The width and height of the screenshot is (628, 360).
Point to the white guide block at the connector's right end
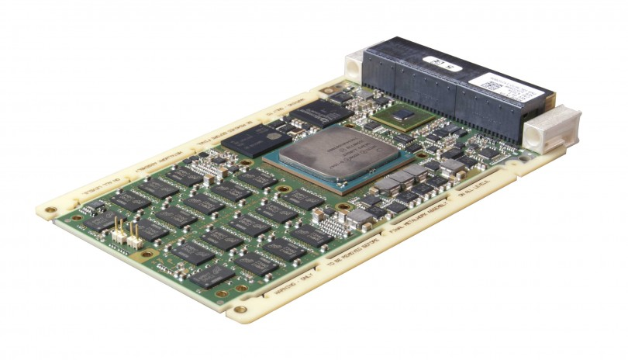553,127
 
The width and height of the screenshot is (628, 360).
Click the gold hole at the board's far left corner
49,210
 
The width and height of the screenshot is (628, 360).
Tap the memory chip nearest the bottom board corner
212,276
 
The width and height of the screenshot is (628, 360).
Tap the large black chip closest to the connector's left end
321,112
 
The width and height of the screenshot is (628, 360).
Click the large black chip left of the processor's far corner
252,139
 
